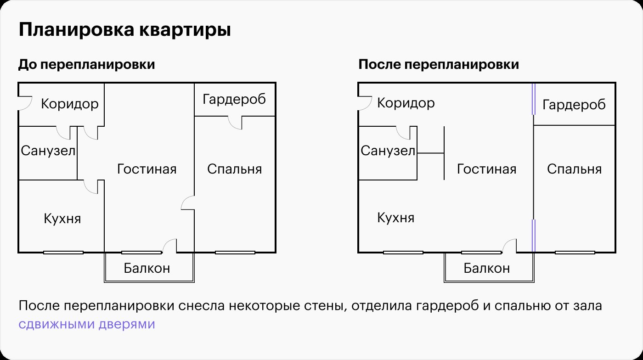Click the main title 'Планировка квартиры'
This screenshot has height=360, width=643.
click(124, 30)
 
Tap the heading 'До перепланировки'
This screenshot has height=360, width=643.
click(87, 64)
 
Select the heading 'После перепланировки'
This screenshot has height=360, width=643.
click(439, 64)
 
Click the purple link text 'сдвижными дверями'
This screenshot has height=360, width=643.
click(87, 324)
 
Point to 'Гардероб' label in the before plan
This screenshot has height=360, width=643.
click(234, 99)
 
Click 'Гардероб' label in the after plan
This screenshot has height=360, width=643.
click(574, 105)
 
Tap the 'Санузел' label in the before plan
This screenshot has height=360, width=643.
click(48, 151)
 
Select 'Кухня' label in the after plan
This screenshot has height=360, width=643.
click(396, 218)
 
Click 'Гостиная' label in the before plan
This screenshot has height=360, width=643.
click(147, 169)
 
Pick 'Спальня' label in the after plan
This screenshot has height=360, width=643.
click(575, 169)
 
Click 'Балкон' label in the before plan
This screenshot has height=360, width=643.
click(147, 268)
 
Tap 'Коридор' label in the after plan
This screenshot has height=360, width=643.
click(406, 103)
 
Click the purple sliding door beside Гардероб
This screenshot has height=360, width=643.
click(534, 99)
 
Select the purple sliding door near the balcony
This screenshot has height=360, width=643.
click(534, 236)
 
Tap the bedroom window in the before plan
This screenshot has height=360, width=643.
click(235, 253)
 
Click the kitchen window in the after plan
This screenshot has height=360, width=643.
click(403, 253)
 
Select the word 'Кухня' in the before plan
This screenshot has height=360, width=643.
click(62, 219)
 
